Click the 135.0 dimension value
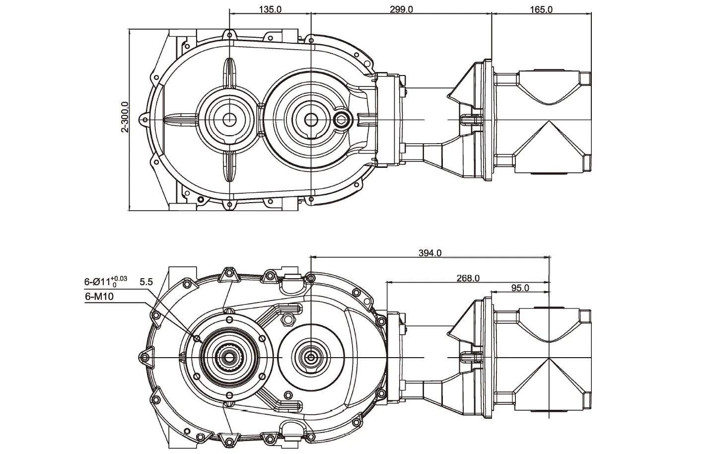270,9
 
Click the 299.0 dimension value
401,9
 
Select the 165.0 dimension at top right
541,9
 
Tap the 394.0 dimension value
430,253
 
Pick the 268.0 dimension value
468,278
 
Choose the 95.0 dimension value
520,288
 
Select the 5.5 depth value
146,282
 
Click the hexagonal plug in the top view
342,118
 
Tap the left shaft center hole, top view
229,119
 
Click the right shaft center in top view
311,119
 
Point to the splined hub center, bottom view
229,357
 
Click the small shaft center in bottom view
311,357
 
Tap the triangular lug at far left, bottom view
145,357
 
